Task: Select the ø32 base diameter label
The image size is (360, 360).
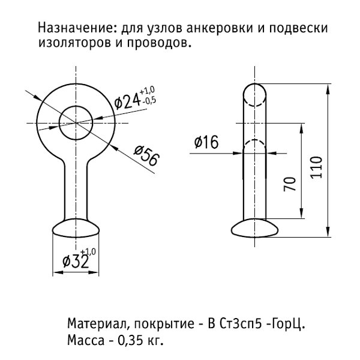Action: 74,262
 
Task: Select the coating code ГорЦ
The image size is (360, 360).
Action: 288,325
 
